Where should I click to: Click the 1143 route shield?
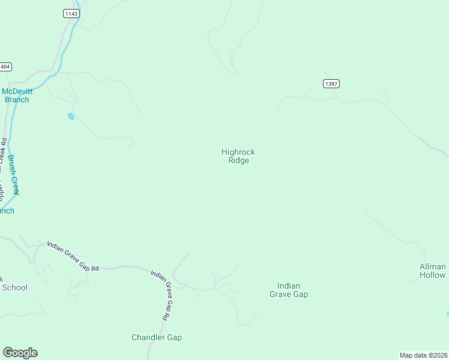[70, 13]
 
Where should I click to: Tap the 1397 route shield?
[331, 83]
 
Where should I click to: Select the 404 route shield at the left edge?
[5, 67]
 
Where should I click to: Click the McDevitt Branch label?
[16, 95]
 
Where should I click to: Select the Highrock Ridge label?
[238, 156]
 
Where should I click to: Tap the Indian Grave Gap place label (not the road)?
[289, 290]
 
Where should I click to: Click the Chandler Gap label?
[157, 337]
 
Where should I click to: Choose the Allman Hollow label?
[433, 271]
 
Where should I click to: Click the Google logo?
[20, 353]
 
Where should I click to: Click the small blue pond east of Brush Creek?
[71, 116]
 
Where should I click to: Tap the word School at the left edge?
[14, 287]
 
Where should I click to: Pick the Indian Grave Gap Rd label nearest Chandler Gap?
[162, 293]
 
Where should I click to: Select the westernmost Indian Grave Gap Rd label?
[73, 256]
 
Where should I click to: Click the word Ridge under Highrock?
[238, 161]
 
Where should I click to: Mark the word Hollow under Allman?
[433, 275]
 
